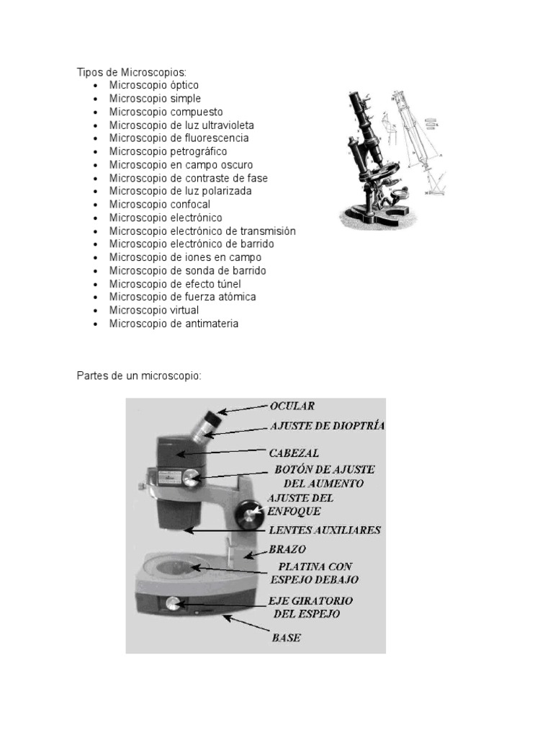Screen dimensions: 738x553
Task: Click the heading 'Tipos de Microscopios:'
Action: pos(131,72)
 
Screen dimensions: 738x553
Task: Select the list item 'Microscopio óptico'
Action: pos(153,85)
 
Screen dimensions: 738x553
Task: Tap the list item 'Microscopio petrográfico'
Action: pos(168,151)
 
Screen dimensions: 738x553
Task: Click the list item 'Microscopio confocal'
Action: pos(160,204)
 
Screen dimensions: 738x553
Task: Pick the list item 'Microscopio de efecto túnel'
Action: pos(175,284)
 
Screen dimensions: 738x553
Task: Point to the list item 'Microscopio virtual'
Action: pos(156,310)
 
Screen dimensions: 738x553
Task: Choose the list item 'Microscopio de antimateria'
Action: pos(174,324)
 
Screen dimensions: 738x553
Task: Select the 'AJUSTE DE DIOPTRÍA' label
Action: pos(327,426)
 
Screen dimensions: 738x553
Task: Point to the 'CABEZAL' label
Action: pos(295,453)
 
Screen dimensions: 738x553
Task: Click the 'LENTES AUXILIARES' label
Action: pos(324,530)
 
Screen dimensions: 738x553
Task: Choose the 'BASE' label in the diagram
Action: pos(286,638)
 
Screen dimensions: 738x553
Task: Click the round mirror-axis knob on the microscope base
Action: pos(173,603)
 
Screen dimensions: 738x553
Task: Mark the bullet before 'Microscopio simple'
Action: pos(95,99)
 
